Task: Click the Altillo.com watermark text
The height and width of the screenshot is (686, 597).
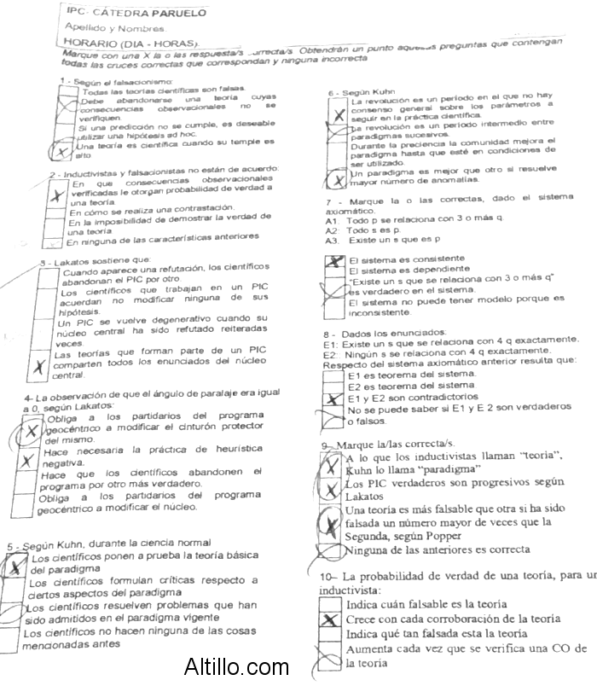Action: click(x=236, y=666)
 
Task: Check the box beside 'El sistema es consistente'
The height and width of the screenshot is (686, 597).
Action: click(x=335, y=260)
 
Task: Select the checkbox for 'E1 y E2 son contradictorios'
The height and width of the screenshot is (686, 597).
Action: click(x=333, y=398)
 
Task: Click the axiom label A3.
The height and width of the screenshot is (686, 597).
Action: click(x=333, y=241)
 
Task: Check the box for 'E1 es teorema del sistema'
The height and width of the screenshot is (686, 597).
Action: click(x=333, y=374)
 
